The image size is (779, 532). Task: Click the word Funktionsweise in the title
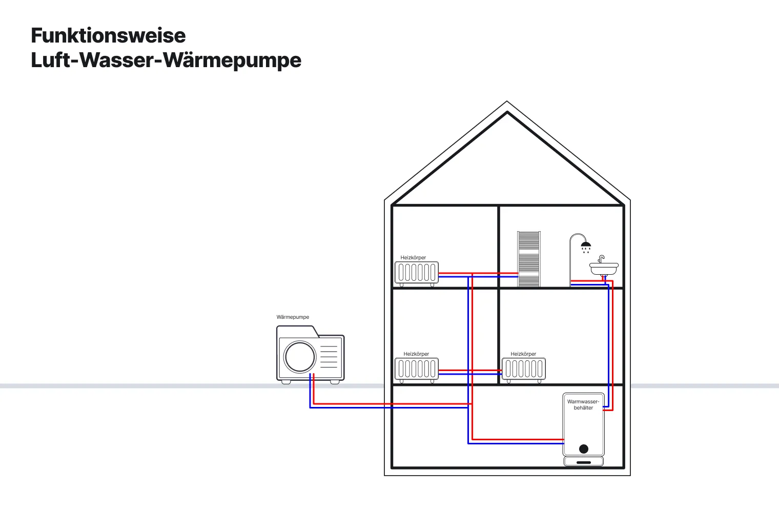(108, 36)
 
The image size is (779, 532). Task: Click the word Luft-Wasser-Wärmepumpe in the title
(166, 60)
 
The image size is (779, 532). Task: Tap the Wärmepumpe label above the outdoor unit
(293, 317)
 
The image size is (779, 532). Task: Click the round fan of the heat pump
(300, 357)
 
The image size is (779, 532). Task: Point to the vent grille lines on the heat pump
(329, 357)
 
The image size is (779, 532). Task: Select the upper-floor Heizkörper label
(413, 258)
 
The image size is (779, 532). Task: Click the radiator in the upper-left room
(417, 273)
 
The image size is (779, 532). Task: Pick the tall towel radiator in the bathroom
(528, 259)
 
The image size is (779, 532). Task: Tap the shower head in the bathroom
(586, 245)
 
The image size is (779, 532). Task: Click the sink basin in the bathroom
(604, 268)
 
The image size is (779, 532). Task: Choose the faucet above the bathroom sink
(601, 258)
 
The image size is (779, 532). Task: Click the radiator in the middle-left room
(417, 369)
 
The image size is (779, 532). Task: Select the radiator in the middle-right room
(524, 369)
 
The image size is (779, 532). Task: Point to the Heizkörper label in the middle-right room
(523, 354)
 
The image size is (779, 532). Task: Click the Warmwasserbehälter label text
(583, 405)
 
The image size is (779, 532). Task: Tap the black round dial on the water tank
(584, 449)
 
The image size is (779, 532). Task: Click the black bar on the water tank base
(584, 462)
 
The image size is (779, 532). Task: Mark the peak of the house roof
(507, 103)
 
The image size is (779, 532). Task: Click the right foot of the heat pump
(335, 382)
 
